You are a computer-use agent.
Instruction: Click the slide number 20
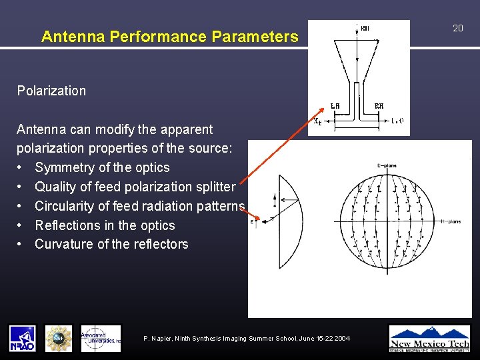coord(457,28)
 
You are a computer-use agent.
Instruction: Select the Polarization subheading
coord(51,91)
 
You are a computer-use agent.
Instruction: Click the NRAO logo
coord(22,338)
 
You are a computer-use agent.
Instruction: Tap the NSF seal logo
coord(59,338)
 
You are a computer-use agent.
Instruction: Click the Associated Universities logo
coord(101,338)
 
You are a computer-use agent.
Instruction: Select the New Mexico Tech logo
coord(429,338)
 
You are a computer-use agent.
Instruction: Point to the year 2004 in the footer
coord(341,339)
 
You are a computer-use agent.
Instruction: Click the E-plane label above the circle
coord(387,164)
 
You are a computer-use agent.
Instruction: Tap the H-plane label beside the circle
coord(451,221)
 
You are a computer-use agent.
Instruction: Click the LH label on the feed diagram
coord(335,106)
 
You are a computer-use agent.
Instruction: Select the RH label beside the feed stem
coord(379,106)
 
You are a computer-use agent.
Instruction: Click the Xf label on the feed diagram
coord(317,121)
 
